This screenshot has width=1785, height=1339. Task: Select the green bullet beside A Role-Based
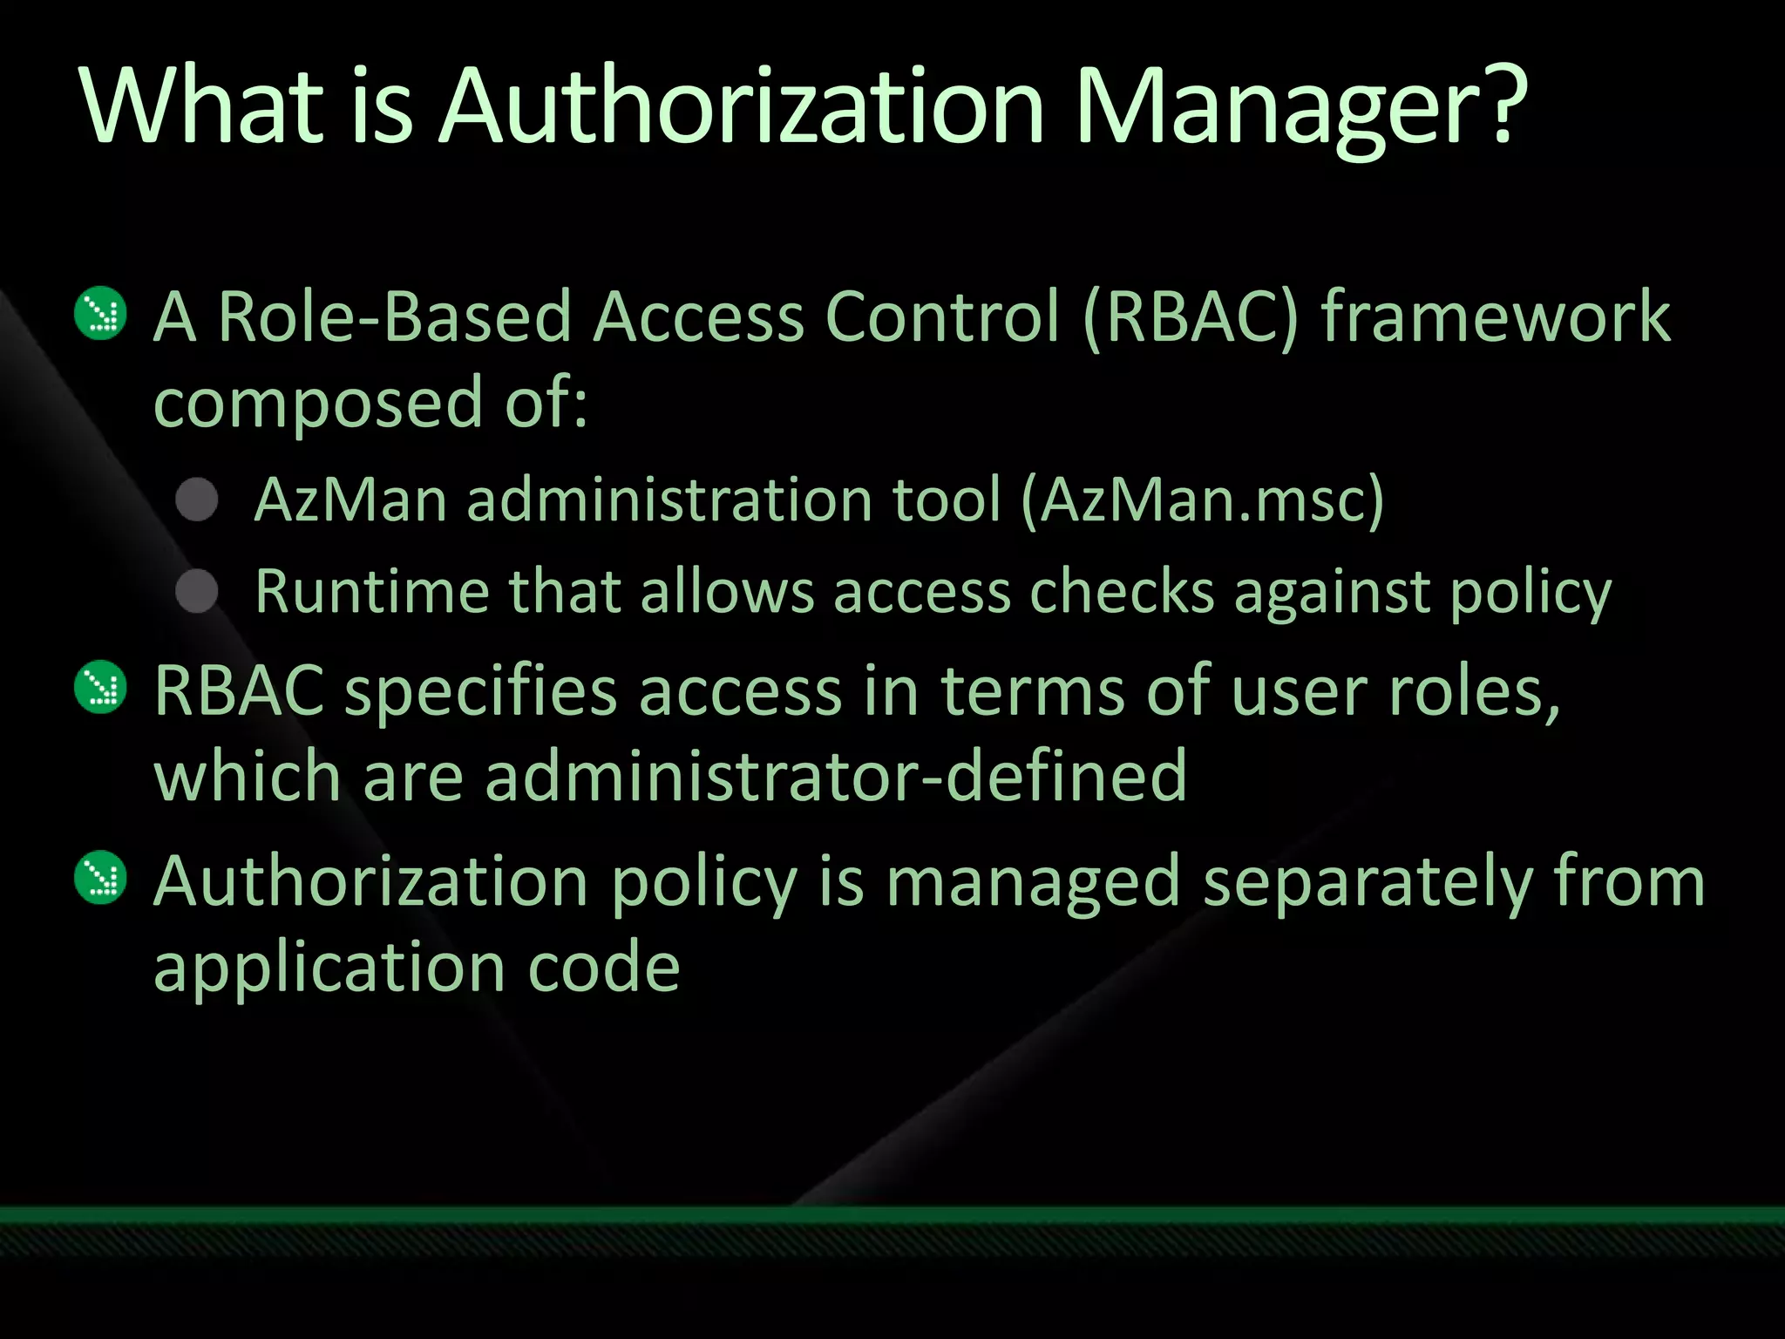tap(101, 313)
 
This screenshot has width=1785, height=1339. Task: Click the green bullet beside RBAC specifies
tap(101, 687)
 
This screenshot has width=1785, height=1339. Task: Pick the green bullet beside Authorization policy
tap(101, 877)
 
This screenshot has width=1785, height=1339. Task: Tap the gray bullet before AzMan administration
tap(197, 500)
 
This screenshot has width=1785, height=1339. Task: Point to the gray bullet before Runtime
tap(197, 592)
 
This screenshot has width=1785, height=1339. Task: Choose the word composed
tap(318, 404)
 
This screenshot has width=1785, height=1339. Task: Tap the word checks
tap(1121, 592)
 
